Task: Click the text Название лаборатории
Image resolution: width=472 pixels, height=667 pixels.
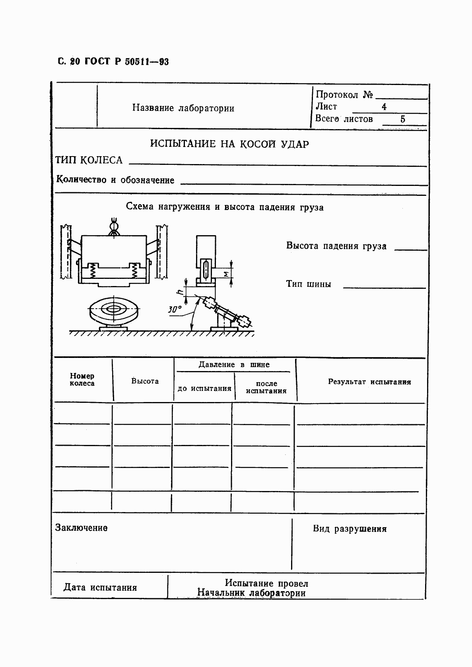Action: coord(183,108)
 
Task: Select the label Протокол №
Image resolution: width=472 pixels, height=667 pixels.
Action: coord(344,95)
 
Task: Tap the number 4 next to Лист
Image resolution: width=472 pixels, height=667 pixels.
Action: coord(384,107)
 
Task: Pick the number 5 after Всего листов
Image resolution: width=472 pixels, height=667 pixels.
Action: coord(402,119)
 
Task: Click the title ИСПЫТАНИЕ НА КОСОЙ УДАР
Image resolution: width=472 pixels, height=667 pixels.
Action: coord(229,144)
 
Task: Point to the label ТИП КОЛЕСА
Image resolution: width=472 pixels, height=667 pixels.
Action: coord(89,160)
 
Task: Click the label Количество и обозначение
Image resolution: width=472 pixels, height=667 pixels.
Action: coord(115,180)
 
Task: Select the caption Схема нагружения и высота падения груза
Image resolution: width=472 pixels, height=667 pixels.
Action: coord(224,207)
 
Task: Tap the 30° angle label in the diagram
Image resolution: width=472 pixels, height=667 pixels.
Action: coord(174,309)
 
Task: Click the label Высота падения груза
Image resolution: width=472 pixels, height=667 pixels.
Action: coord(336,246)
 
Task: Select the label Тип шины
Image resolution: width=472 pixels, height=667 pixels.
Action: coord(308,284)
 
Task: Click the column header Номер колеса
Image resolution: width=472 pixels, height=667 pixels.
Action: coord(82,379)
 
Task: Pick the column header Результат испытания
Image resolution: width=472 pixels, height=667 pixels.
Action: coord(369,382)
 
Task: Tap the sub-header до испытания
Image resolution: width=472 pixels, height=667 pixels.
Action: coord(204,389)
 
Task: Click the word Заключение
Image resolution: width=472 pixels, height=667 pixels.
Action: coord(81,528)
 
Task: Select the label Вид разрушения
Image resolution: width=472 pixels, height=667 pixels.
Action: coord(350,529)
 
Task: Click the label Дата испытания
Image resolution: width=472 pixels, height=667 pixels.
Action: coord(100,588)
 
